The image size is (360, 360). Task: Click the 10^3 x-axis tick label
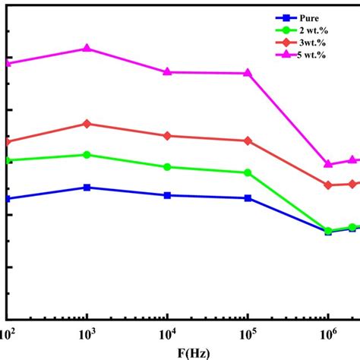pyautogui.click(x=87, y=333)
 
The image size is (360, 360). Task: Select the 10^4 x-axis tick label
pyautogui.click(x=167, y=333)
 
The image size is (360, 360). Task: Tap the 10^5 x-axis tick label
pyautogui.click(x=247, y=333)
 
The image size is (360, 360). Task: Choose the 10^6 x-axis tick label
pyautogui.click(x=327, y=333)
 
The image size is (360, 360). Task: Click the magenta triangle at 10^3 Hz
pyautogui.click(x=87, y=48)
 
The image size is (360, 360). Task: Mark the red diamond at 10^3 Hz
pyautogui.click(x=87, y=124)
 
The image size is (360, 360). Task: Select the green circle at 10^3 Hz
pyautogui.click(x=87, y=154)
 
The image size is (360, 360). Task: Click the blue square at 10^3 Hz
pyautogui.click(x=87, y=187)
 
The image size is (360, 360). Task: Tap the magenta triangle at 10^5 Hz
pyautogui.click(x=248, y=73)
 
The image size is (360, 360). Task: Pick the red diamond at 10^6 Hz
pyautogui.click(x=328, y=185)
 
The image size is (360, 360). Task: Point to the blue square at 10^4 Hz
pyautogui.click(x=167, y=195)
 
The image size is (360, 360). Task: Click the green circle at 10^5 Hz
pyautogui.click(x=248, y=172)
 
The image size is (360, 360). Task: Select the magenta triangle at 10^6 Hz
pyautogui.click(x=328, y=163)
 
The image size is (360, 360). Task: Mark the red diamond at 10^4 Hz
pyautogui.click(x=167, y=136)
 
